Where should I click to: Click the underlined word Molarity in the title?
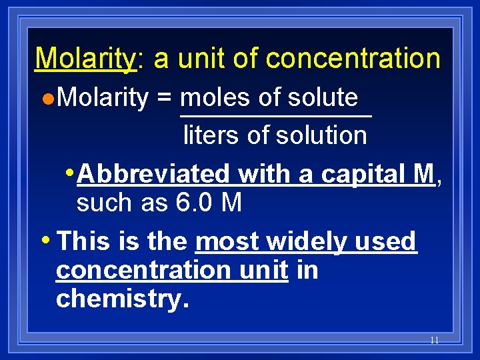pyautogui.click(x=85, y=59)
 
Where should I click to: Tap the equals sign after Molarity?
pyautogui.click(x=163, y=98)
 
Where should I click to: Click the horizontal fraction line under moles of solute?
pyautogui.click(x=275, y=116)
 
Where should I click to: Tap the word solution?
pyautogui.click(x=321, y=135)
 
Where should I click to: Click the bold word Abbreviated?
pyautogui.click(x=153, y=174)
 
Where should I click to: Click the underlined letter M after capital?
pyautogui.click(x=424, y=174)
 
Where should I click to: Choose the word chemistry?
pyautogui.click(x=123, y=299)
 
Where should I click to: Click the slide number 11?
pyautogui.click(x=434, y=340)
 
